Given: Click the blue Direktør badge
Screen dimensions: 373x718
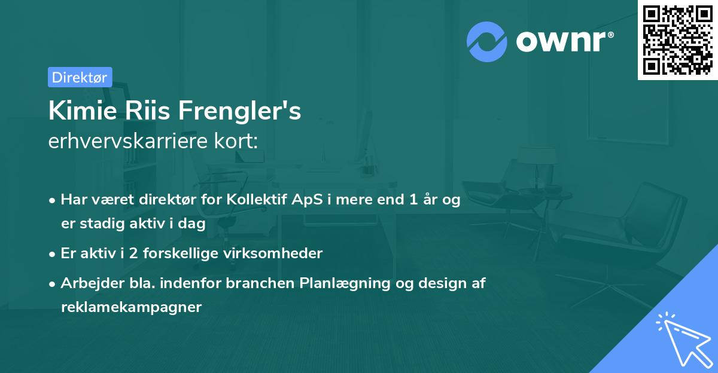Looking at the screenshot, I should [x=80, y=77].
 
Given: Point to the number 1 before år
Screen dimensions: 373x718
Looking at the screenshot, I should [x=413, y=200].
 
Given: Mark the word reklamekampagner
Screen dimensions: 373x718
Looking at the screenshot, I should [x=131, y=307].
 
